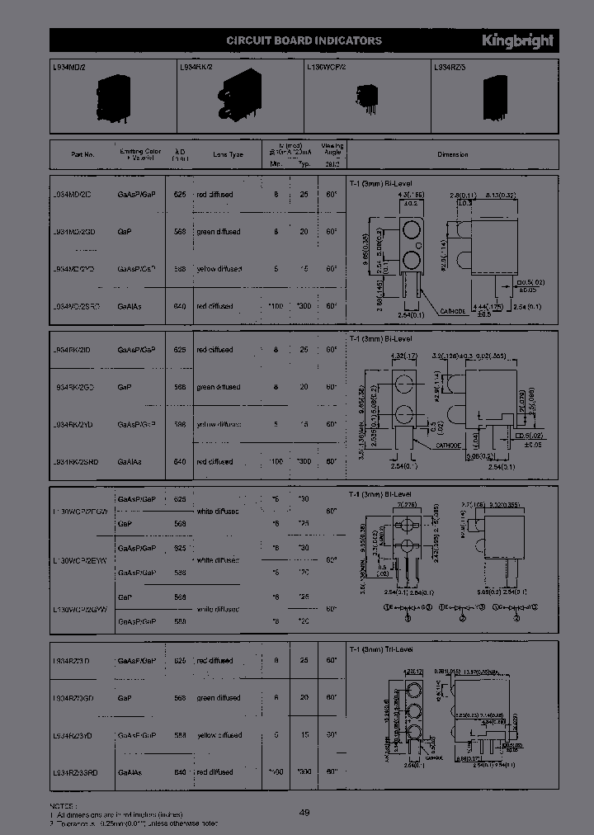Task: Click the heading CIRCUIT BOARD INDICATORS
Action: (304, 40)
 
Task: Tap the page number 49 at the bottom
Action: (304, 813)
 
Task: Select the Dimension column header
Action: (452, 154)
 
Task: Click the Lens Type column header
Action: (229, 154)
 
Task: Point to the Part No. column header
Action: (83, 154)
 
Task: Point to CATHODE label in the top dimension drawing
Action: (452, 311)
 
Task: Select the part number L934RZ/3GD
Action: (78, 698)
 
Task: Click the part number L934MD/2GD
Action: (78, 232)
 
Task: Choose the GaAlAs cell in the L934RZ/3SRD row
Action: (130, 772)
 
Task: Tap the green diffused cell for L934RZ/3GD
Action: (218, 698)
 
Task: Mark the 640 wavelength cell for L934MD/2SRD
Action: (180, 306)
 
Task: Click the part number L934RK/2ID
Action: (78, 350)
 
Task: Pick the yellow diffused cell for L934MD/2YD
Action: (219, 269)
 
